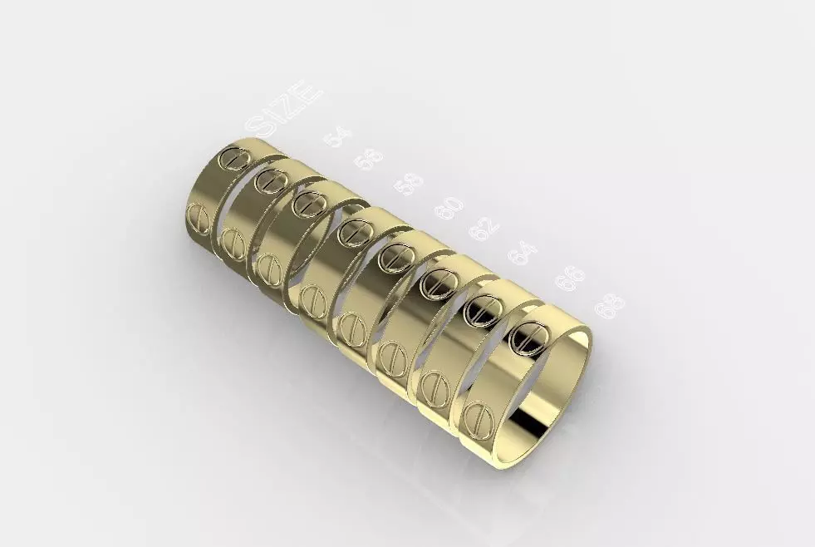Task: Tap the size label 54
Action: (337, 136)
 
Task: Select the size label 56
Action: (368, 158)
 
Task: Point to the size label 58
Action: (408, 184)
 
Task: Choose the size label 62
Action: (484, 227)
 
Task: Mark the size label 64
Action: (523, 252)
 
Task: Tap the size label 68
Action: (611, 306)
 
